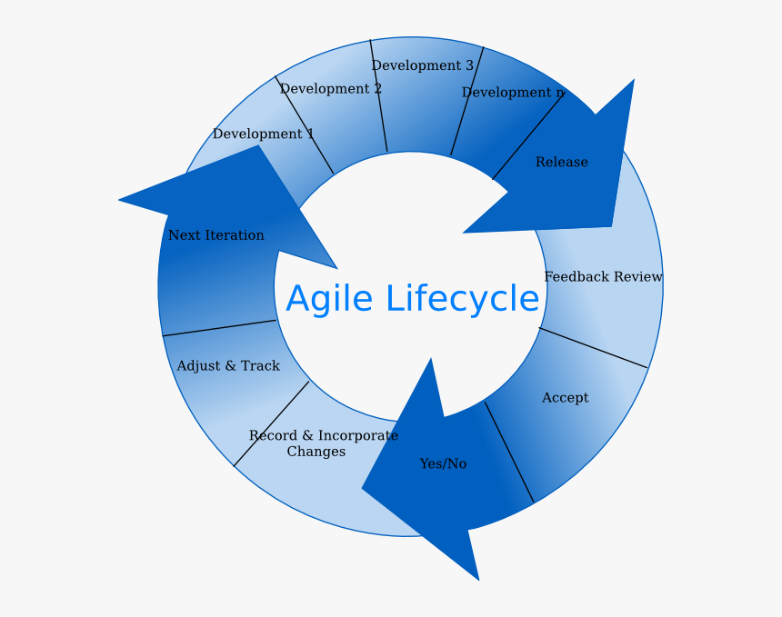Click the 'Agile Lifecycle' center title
point(413,299)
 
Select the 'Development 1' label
point(264,134)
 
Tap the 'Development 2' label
point(331,89)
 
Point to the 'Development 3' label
point(423,65)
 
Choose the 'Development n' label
point(513,92)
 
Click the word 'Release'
point(562,162)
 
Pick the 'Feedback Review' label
point(604,276)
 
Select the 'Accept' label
point(565,398)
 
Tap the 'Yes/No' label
point(444,463)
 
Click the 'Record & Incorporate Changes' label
point(324,443)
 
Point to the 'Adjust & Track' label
point(228,366)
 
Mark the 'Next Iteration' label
point(216,235)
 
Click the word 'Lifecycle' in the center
point(462,299)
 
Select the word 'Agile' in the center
point(329,299)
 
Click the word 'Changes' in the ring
point(316,452)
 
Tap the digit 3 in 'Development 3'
point(469,65)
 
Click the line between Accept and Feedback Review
point(594,348)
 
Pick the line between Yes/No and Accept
point(509,452)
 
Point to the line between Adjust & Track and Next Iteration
point(219,328)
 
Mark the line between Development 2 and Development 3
point(378,95)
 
